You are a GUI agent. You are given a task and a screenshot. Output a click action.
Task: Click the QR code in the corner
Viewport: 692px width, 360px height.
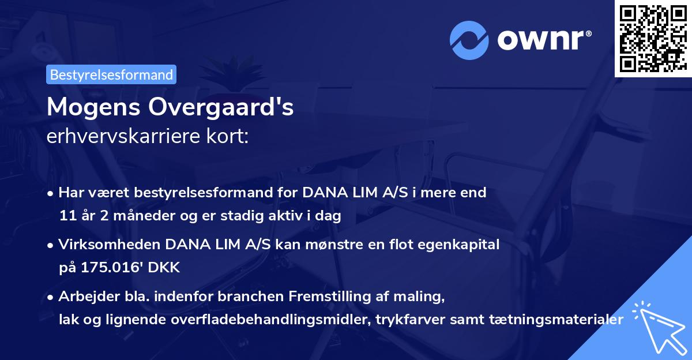(x=653, y=39)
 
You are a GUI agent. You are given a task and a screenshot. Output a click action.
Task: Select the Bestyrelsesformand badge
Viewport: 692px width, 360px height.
(x=111, y=74)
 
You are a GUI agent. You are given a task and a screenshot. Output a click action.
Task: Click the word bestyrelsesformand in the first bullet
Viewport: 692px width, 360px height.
(x=176, y=193)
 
